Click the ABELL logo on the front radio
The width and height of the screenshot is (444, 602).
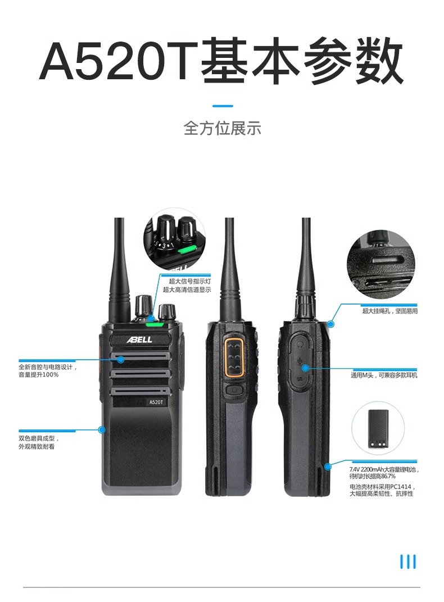coord(139,340)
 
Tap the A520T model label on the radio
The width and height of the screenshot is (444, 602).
coord(156,402)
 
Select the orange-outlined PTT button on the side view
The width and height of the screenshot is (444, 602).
coord(235,357)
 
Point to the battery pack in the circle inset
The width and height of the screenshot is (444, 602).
coord(378,428)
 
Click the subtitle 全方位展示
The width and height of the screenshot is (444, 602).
coord(222,128)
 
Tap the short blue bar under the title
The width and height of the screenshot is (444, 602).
coord(223,106)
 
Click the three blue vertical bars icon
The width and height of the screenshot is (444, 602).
coord(407,562)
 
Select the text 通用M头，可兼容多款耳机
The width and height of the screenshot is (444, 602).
coord(384,375)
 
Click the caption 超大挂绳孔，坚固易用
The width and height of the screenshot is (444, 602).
coord(390,311)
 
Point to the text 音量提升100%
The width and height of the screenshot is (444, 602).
coord(38,374)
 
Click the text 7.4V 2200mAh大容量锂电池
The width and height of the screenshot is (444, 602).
coord(384,469)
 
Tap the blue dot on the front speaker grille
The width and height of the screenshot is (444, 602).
coord(120,359)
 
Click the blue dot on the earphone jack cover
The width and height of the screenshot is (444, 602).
coord(305,368)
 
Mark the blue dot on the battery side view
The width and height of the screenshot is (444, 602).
coord(327,467)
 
